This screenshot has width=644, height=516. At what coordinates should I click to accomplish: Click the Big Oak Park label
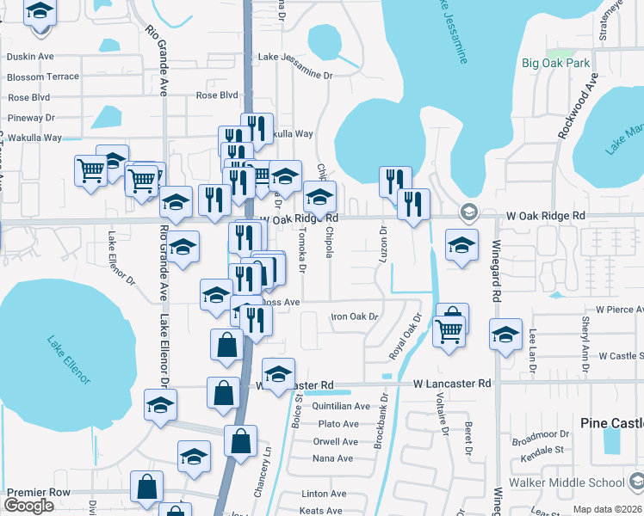pyautogui.click(x=556, y=63)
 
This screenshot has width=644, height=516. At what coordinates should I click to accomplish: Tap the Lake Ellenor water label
pyautogui.click(x=68, y=359)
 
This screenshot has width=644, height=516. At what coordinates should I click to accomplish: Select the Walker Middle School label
pyautogui.click(x=581, y=482)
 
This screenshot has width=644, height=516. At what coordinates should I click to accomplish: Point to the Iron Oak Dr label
pyautogui.click(x=356, y=316)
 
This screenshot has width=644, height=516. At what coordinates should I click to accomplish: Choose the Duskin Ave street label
pyautogui.click(x=30, y=57)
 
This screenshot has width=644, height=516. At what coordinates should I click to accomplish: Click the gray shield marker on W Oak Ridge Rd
pyautogui.click(x=468, y=212)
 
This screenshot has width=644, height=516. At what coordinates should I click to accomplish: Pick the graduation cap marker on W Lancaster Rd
pyautogui.click(x=278, y=374)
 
